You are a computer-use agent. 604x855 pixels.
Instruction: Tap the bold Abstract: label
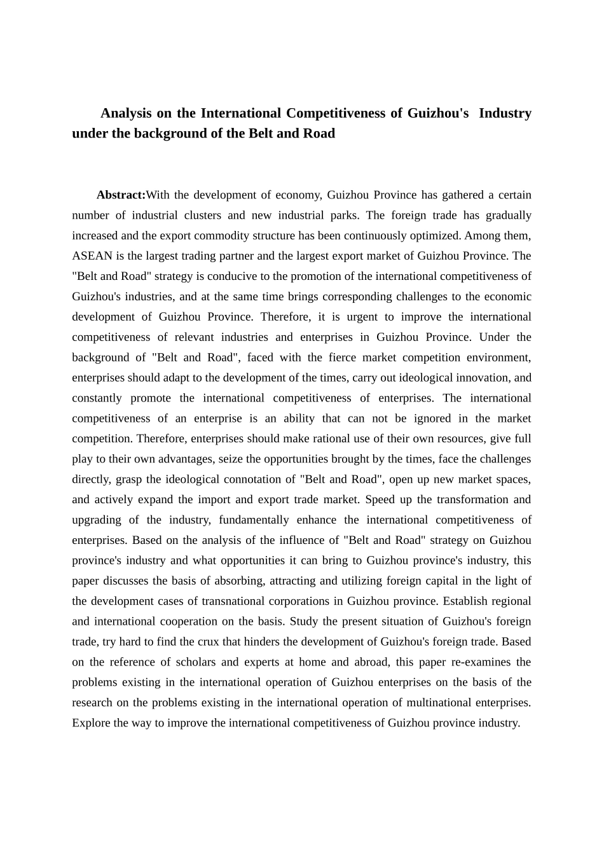pyautogui.click(x=121, y=195)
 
